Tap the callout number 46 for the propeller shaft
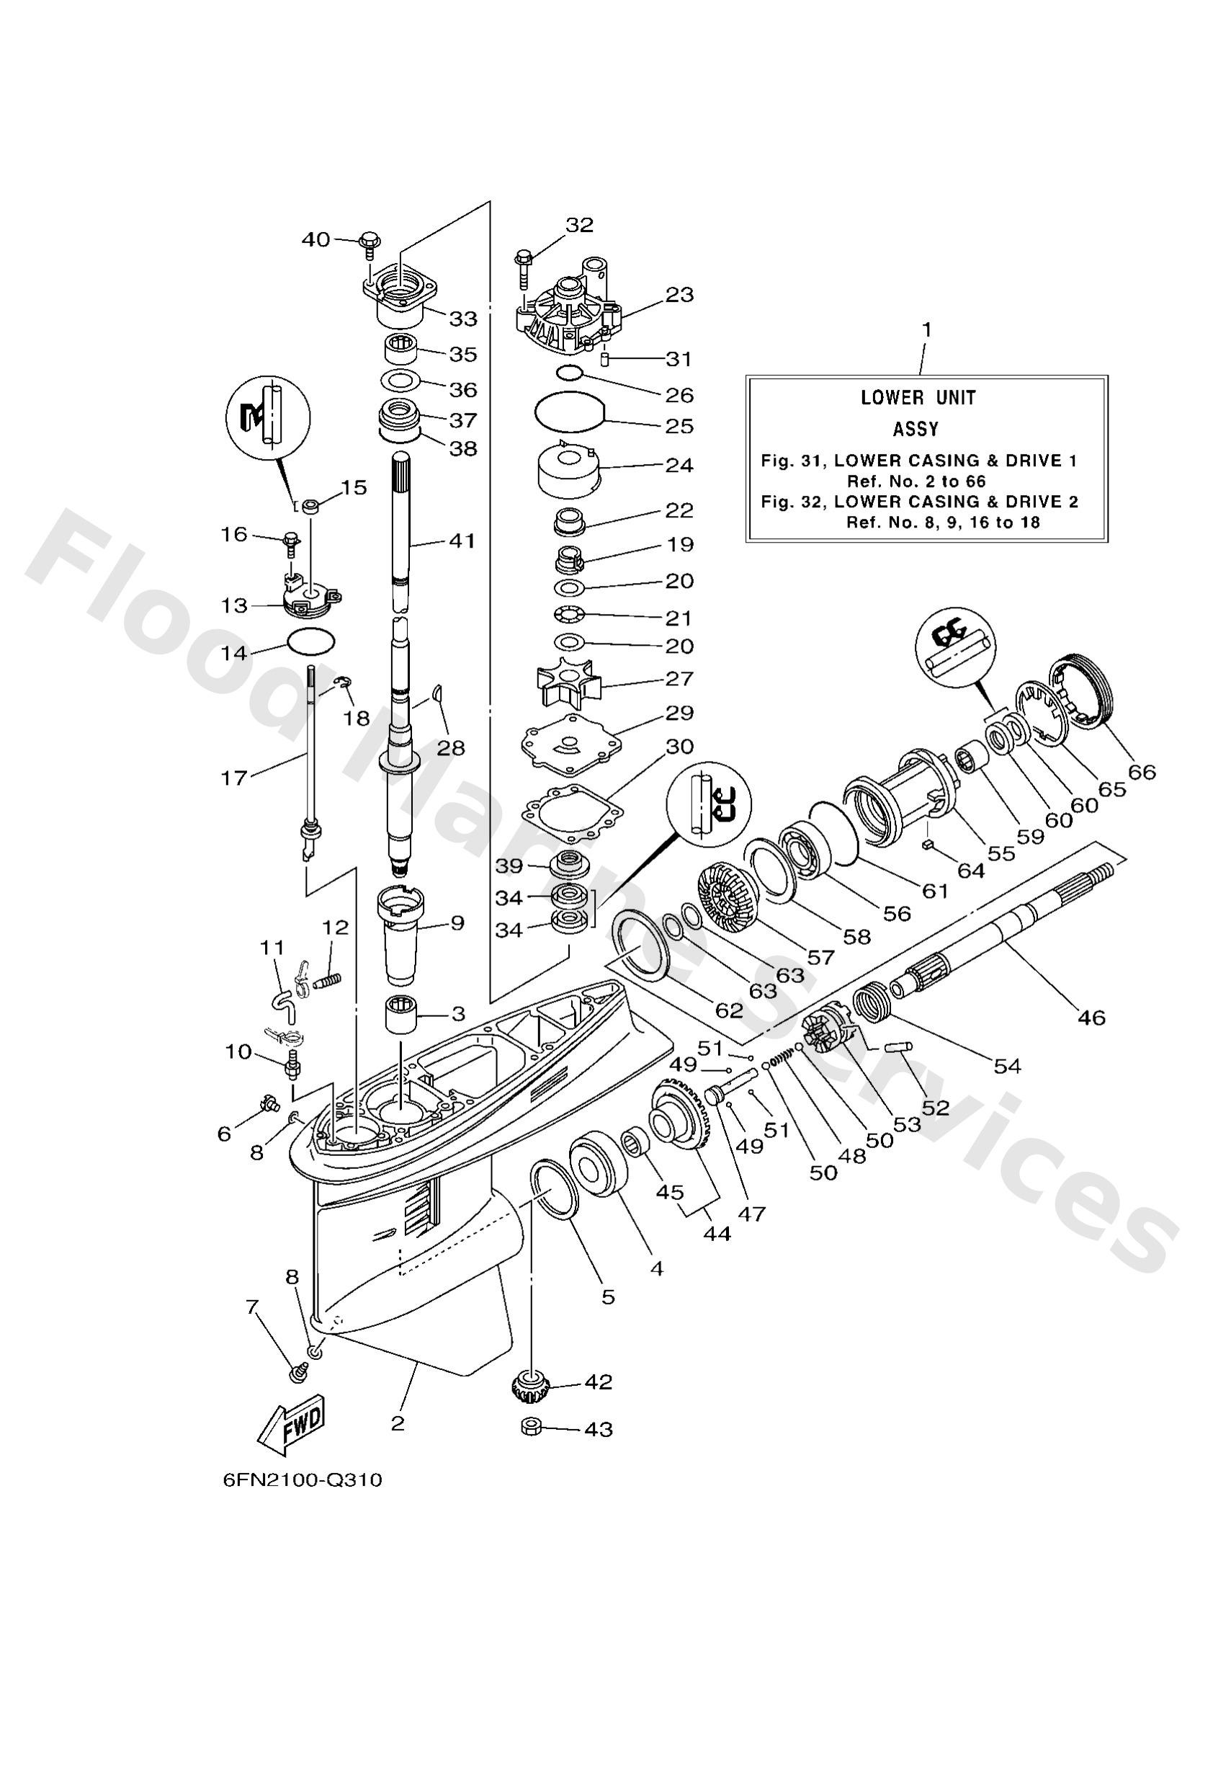pos(1091,1017)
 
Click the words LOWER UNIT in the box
pos(918,398)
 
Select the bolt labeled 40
pos(367,244)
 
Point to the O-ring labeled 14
pos(310,639)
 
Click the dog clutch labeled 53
pos(825,1033)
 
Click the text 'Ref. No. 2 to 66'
pos(916,481)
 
